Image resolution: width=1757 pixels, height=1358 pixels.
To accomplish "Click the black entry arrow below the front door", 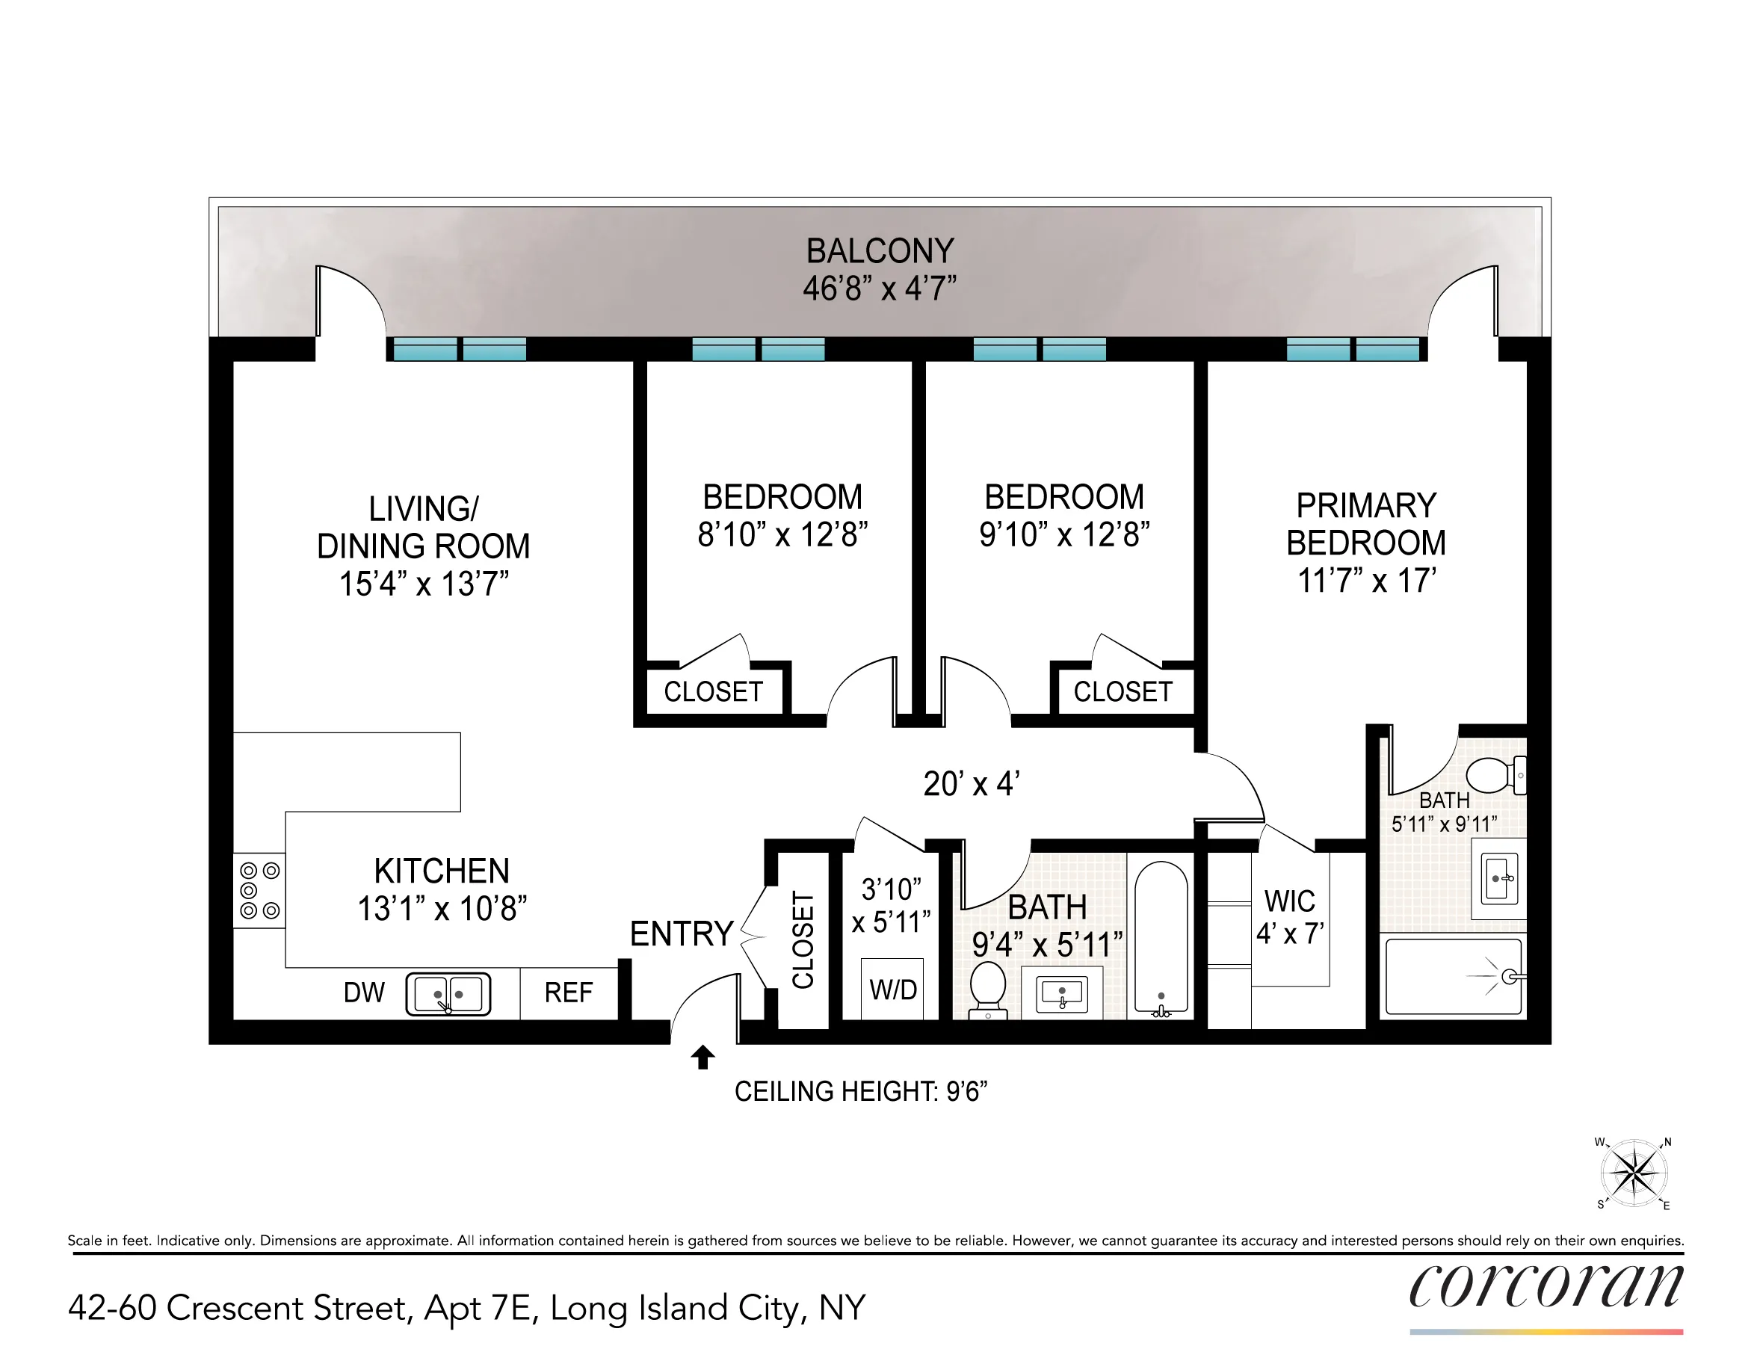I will tap(703, 1056).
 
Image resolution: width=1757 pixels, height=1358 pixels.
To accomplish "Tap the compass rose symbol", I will tap(1634, 1173).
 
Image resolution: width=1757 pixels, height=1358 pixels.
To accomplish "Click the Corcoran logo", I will tap(1546, 1286).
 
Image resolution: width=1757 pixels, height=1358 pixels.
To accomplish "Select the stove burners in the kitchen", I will tap(259, 891).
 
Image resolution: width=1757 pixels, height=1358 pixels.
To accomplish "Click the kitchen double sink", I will tap(448, 993).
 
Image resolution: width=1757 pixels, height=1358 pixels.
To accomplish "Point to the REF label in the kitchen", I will tap(568, 993).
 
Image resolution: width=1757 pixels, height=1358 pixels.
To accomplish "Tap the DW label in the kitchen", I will tap(364, 993).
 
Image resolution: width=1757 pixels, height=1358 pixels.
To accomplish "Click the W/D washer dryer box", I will tap(892, 989).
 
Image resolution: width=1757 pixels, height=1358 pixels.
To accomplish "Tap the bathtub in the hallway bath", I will tap(1161, 937).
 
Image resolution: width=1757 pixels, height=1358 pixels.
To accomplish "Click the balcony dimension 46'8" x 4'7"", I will tap(880, 288).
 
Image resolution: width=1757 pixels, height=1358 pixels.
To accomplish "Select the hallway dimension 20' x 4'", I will tap(971, 783).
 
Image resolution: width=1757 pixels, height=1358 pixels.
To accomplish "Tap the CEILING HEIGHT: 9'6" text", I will tap(860, 1092).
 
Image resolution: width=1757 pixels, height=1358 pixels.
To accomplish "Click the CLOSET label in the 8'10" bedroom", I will tap(713, 691).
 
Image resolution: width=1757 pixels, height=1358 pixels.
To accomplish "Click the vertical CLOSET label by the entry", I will tap(803, 939).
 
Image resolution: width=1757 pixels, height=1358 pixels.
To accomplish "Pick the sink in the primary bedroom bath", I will tap(1498, 878).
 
